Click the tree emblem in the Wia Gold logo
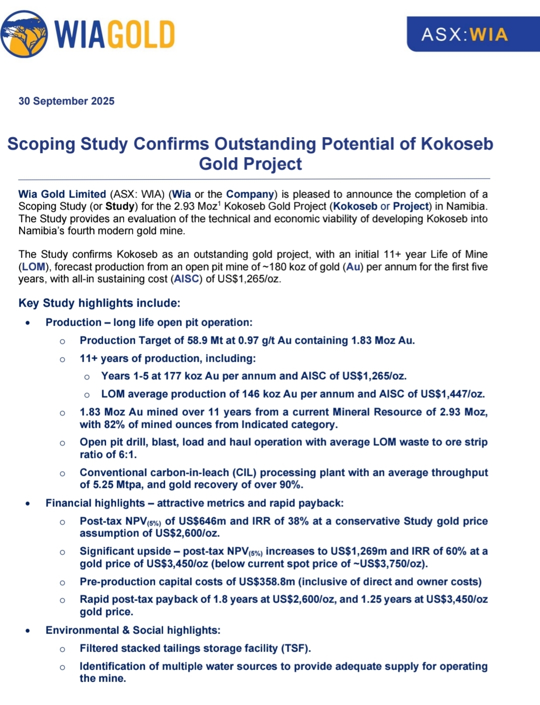tap(24, 34)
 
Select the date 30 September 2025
tap(66, 101)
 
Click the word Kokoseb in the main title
tap(456, 144)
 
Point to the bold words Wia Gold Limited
tap(62, 194)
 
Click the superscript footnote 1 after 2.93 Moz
tap(219, 203)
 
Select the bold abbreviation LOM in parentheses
tap(33, 267)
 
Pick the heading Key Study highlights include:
tap(99, 303)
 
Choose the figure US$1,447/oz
tap(452, 394)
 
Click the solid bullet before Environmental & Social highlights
tap(27, 630)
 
